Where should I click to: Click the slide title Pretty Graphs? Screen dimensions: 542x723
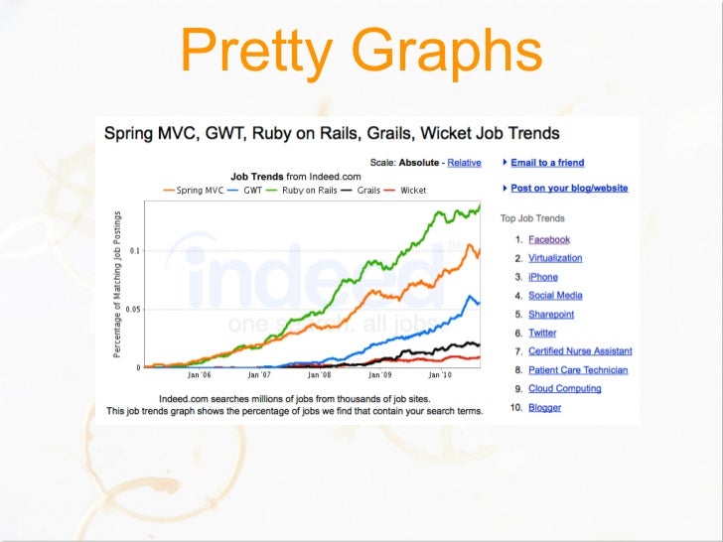[361, 50]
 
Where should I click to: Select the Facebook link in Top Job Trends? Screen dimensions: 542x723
[548, 239]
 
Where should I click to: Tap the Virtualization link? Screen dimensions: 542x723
[555, 258]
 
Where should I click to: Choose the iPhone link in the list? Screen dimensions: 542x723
[542, 277]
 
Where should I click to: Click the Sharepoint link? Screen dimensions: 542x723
[551, 315]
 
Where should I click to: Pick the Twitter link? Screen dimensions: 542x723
[542, 334]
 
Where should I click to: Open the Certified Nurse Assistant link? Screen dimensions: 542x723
[580, 351]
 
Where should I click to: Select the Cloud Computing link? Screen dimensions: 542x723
[564, 389]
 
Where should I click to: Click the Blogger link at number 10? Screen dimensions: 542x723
[544, 408]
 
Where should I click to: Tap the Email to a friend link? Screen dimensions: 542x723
[547, 162]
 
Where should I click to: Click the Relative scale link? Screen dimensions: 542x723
[464, 163]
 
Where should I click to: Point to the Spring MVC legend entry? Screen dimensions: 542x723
[200, 191]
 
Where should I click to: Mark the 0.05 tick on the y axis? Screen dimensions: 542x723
[132, 310]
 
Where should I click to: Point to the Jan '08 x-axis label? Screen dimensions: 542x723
[319, 376]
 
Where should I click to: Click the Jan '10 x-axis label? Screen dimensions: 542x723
[441, 376]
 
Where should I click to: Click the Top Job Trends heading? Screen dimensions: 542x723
[532, 218]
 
